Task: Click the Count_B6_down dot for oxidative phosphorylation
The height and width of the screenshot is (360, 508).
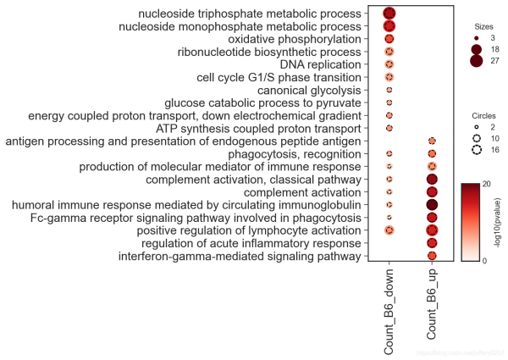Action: pos(389,39)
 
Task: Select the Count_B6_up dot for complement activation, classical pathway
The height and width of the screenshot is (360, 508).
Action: pos(432,180)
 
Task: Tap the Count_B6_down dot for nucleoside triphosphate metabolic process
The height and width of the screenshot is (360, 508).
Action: pos(389,13)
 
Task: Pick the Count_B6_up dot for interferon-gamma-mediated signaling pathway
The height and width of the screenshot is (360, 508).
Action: pos(432,256)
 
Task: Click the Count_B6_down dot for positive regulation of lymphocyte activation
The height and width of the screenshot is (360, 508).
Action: pos(389,230)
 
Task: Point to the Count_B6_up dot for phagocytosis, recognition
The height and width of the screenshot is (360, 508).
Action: pos(432,154)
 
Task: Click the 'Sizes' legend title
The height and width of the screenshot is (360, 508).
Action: pos(483,25)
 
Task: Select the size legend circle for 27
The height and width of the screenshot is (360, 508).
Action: pos(476,62)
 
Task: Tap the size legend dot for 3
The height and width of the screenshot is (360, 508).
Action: pos(476,39)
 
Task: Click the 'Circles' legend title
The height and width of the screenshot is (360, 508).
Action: pos(483,115)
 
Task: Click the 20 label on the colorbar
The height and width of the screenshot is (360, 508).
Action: pos(487,184)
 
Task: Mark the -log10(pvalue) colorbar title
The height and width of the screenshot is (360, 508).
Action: pos(499,222)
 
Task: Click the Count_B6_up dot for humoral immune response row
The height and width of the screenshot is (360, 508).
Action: pos(432,205)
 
